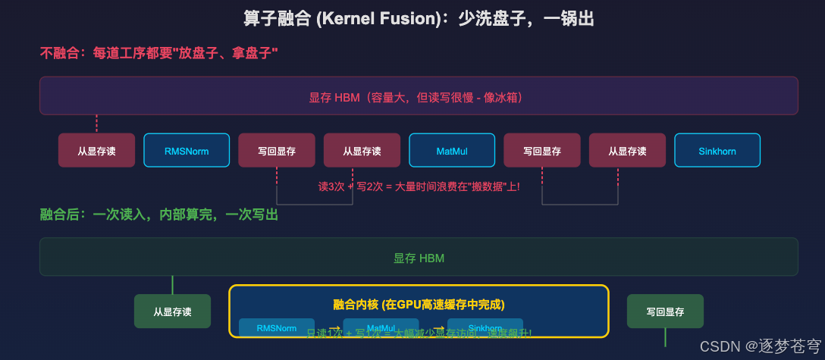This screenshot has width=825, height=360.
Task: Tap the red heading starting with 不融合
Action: click(x=158, y=53)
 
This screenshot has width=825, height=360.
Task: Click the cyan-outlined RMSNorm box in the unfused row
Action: click(x=187, y=150)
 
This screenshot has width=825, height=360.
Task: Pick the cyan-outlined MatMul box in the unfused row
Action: click(x=452, y=150)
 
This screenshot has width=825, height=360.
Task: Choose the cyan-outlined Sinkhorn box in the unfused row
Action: click(x=717, y=150)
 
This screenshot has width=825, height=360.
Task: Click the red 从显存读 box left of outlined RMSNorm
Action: click(x=96, y=150)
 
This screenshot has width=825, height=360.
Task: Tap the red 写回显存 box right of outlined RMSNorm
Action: click(x=277, y=150)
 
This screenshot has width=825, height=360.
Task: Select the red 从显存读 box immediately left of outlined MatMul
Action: click(x=362, y=150)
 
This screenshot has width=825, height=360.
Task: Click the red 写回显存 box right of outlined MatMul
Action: click(x=542, y=150)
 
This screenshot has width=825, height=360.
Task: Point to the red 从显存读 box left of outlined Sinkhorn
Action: click(x=627, y=150)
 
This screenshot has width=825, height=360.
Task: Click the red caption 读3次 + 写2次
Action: click(x=419, y=186)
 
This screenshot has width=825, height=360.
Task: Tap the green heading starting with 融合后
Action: click(x=158, y=215)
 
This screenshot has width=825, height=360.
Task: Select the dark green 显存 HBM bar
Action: click(x=419, y=257)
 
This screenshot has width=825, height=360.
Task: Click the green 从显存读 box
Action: click(x=172, y=311)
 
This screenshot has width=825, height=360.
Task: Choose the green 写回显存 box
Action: click(x=665, y=311)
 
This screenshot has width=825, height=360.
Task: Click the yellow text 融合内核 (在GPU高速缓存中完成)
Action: click(x=419, y=304)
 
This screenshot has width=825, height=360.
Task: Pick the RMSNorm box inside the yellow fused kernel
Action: click(x=277, y=327)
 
